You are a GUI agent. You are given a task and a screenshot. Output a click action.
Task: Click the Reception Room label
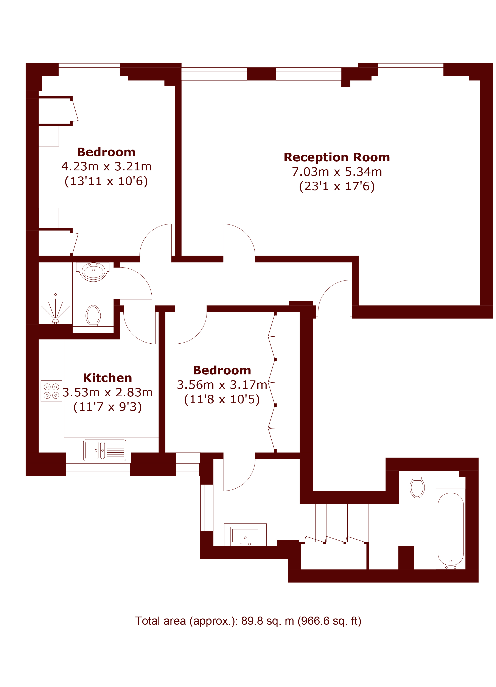[x=336, y=157]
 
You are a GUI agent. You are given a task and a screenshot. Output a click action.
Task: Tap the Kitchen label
[x=107, y=378]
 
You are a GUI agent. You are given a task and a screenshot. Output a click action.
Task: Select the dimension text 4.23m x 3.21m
[x=106, y=166]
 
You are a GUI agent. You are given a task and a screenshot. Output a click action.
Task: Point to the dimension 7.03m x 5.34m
[x=337, y=172]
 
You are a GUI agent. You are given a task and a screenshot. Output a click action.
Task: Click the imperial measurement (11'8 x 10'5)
[x=222, y=399]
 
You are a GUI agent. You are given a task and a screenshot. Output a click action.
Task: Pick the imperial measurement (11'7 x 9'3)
[x=107, y=407]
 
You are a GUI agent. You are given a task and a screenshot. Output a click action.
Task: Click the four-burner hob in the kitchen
[x=51, y=391]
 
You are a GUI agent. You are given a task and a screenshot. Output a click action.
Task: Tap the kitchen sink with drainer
[x=104, y=450]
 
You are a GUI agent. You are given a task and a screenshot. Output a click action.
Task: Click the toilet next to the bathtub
[x=417, y=487]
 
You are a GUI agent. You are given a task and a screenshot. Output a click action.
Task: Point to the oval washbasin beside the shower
[x=93, y=272]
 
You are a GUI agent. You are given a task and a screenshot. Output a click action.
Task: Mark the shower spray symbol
[x=55, y=309]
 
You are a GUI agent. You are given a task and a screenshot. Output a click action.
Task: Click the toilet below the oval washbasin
[x=93, y=315]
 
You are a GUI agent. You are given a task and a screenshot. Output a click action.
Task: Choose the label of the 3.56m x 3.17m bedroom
[x=222, y=370]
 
